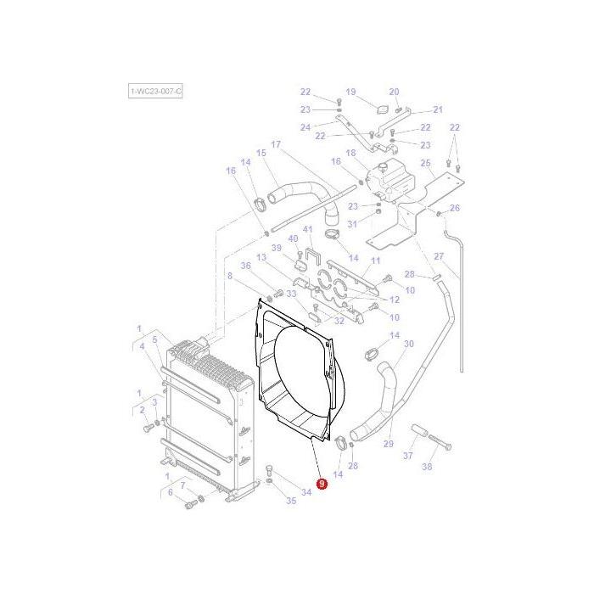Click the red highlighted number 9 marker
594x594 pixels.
[321, 484]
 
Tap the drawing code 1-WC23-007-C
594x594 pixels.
[154, 91]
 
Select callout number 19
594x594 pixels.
[350, 92]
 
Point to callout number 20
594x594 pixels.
[394, 92]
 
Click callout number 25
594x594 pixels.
[426, 163]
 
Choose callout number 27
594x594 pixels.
[439, 256]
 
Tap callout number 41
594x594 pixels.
[308, 229]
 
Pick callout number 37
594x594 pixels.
[407, 456]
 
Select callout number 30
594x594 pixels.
[408, 344]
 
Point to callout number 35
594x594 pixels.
[291, 501]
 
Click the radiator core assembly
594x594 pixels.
[204, 416]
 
